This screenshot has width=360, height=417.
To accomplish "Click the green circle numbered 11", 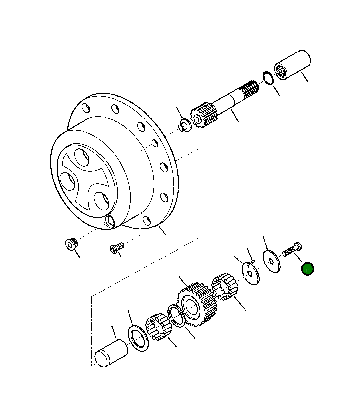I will point(308,269).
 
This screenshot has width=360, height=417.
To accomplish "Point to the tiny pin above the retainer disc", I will point(253,261).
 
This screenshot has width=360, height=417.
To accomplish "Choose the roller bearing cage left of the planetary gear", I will point(157,327).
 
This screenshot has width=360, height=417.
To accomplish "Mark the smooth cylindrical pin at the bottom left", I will point(111,354).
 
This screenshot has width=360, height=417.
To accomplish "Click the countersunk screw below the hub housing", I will point(116,247).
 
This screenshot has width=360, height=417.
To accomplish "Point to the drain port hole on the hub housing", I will point(109,221).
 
